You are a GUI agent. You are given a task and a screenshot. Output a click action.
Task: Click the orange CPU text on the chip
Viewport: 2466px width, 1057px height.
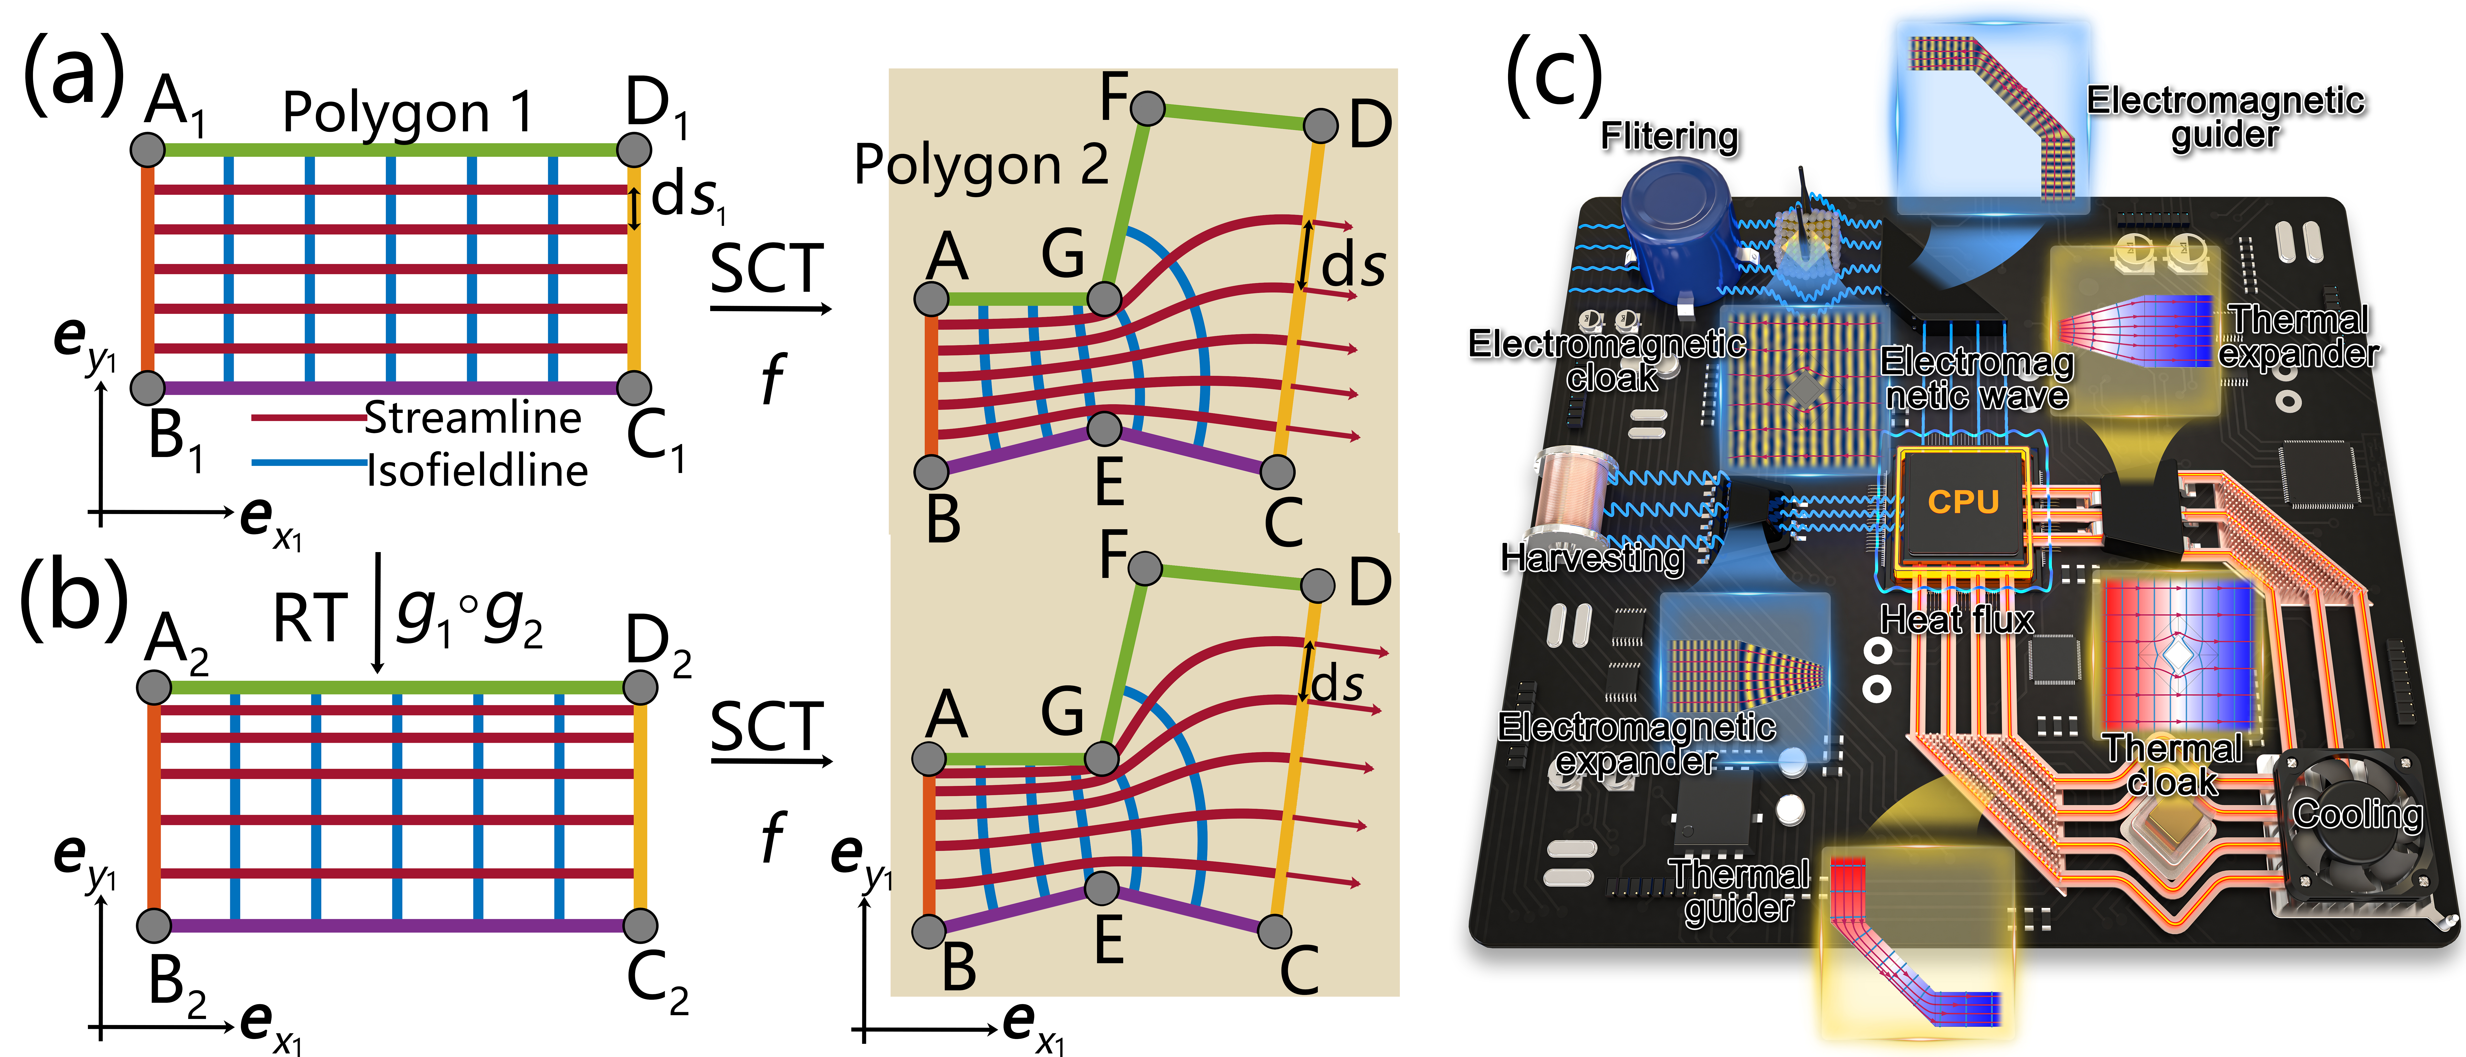[1963, 502]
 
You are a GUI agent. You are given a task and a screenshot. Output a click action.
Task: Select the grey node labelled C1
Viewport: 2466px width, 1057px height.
[634, 388]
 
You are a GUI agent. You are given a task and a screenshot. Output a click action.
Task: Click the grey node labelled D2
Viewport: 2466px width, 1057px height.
[639, 686]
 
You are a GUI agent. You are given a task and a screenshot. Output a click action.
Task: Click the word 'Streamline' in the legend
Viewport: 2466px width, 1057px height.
[473, 417]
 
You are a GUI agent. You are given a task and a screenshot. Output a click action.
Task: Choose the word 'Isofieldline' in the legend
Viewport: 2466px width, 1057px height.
[477, 470]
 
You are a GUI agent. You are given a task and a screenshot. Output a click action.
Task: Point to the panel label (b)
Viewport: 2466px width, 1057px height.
[74, 598]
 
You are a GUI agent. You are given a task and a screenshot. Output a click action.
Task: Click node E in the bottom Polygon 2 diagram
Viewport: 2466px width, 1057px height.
[1103, 887]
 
